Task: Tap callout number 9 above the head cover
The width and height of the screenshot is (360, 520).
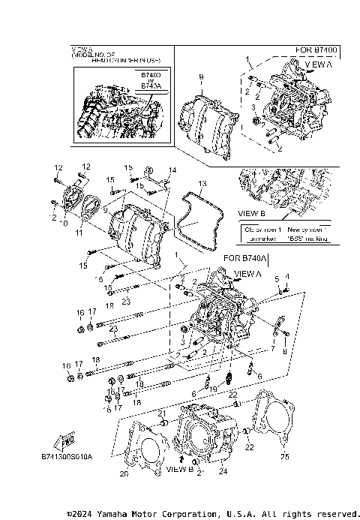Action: pos(201,78)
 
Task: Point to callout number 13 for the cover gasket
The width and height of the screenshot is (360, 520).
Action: pos(201,183)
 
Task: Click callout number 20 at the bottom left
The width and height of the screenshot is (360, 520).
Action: pos(124,474)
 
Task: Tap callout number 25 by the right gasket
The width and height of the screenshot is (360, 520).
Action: pos(283,455)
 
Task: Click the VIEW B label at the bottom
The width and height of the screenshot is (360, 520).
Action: pos(180,469)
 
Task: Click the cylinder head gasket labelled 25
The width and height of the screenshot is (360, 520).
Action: pos(271,420)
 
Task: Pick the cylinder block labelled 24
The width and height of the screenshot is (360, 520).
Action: pos(204,435)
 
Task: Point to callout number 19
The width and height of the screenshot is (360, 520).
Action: pos(213,388)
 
